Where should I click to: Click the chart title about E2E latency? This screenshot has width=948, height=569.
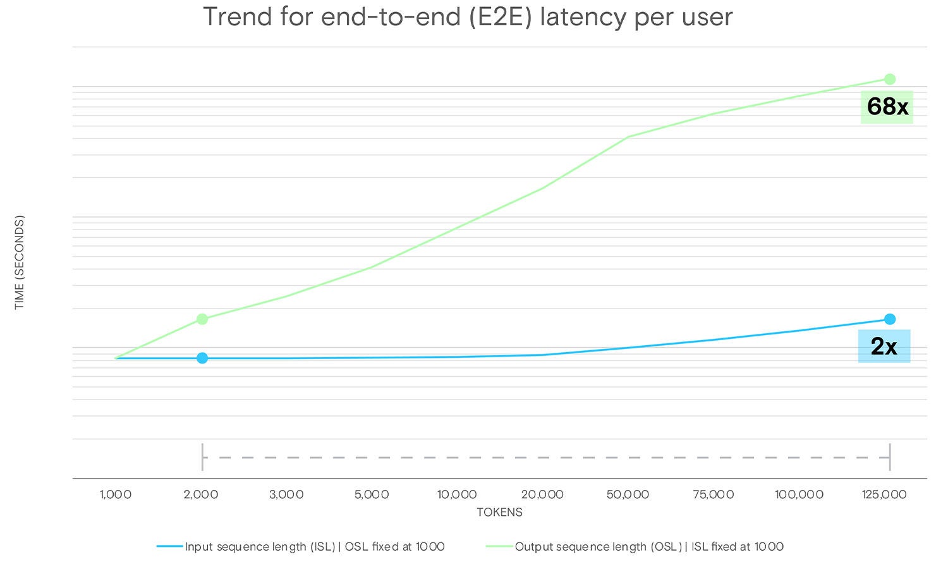pyautogui.click(x=468, y=17)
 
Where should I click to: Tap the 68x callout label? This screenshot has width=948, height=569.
pyautogui.click(x=887, y=107)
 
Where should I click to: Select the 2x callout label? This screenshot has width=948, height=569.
pyautogui.click(x=884, y=346)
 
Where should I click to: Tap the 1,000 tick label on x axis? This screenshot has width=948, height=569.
pyautogui.click(x=116, y=494)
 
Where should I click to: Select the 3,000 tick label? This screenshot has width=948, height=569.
pyautogui.click(x=286, y=494)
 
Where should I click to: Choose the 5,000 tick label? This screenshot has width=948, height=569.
pyautogui.click(x=372, y=494)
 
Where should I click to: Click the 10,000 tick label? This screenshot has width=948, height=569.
pyautogui.click(x=457, y=494)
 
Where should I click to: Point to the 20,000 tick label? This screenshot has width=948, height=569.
pyautogui.click(x=542, y=494)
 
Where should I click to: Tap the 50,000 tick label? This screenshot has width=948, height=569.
pyautogui.click(x=628, y=494)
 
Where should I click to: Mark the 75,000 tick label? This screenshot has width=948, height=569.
pyautogui.click(x=713, y=494)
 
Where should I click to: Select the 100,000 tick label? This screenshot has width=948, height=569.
pyautogui.click(x=799, y=494)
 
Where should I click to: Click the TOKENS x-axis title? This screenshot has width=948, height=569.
pyautogui.click(x=499, y=512)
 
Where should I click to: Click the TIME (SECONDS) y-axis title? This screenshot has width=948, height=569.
pyautogui.click(x=20, y=262)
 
